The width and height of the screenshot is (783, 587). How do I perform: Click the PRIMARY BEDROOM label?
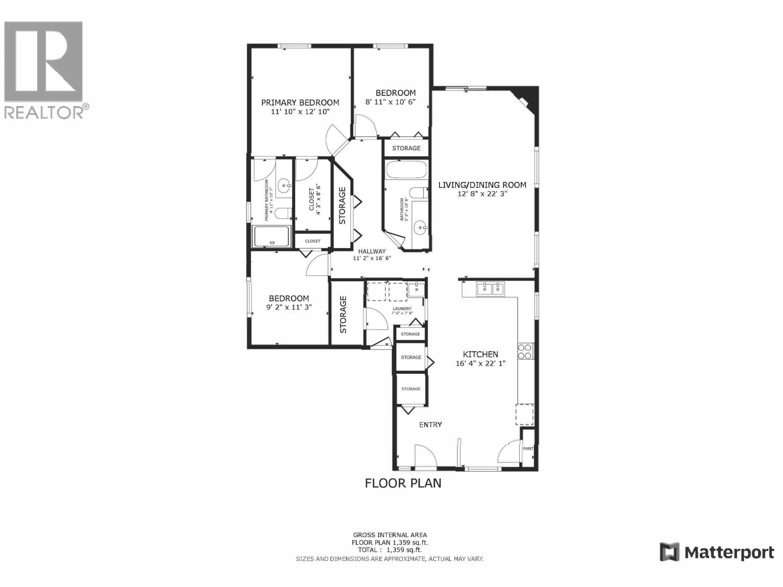(x=300, y=103)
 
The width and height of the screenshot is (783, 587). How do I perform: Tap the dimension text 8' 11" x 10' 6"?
(x=397, y=102)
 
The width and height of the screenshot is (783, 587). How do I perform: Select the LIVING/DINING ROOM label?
(x=482, y=185)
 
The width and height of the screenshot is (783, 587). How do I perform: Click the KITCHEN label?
(x=481, y=354)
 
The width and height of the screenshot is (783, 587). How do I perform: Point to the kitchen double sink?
(x=491, y=289)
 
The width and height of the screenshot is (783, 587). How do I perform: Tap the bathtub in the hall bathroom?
(x=406, y=170)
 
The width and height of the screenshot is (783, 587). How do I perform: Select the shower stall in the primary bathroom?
(x=272, y=237)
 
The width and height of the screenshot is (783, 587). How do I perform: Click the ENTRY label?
(x=431, y=425)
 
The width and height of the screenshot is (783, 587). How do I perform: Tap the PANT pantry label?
(x=529, y=449)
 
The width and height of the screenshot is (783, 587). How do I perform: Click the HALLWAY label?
(x=372, y=251)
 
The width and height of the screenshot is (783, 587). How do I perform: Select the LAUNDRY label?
(x=402, y=309)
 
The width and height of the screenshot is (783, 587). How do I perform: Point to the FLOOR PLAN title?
(x=403, y=483)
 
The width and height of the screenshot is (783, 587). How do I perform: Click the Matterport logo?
(x=717, y=552)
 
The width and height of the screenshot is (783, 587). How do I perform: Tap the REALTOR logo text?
(x=44, y=112)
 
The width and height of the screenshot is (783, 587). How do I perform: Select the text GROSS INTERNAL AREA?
(x=390, y=535)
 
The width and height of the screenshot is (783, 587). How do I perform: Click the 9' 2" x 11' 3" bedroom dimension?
(x=289, y=307)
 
